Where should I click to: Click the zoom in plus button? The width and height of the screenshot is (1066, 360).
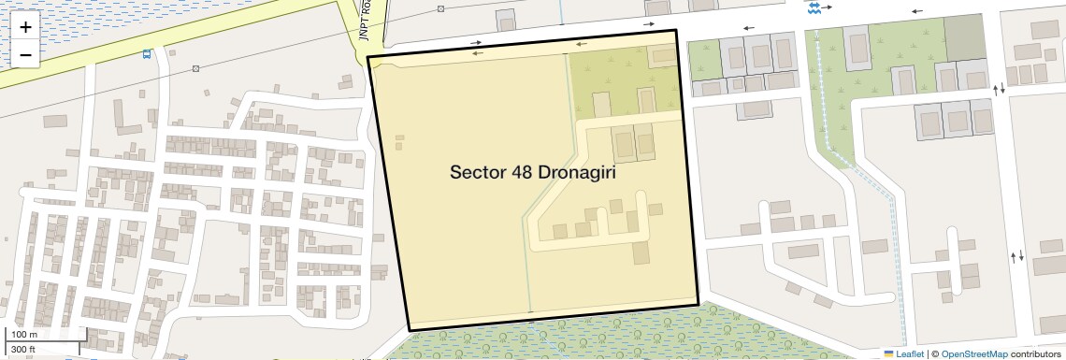[x=25, y=28]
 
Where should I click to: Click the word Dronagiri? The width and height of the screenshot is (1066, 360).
[x=576, y=173]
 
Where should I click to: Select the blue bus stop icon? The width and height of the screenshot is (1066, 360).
[x=148, y=54]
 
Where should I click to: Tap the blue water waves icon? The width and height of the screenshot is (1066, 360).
[x=814, y=7]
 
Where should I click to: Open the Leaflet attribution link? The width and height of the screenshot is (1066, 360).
[x=910, y=354]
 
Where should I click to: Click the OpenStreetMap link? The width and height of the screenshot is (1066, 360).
[x=974, y=354]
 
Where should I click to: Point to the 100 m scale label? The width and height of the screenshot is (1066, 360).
[x=24, y=335]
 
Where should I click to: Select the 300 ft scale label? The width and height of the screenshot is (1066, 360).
[x=24, y=349]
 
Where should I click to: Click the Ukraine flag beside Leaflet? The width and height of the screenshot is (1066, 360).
[x=889, y=354]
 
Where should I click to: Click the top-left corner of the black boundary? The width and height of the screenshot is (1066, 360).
[x=367, y=57]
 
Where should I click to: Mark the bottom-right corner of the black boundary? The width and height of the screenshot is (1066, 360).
[x=699, y=305]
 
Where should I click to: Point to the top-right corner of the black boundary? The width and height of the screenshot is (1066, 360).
[x=675, y=31]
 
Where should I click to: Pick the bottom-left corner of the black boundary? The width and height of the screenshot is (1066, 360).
[x=410, y=330]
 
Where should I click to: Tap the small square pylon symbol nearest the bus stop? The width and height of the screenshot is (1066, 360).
[x=195, y=68]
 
